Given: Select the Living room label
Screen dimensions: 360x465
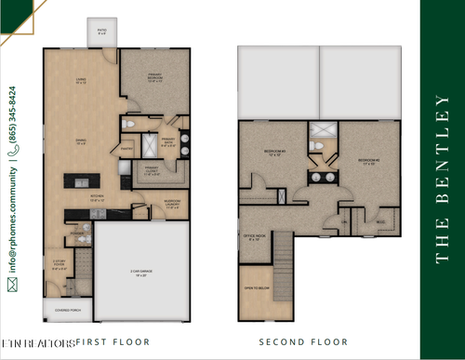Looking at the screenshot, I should click(81, 81).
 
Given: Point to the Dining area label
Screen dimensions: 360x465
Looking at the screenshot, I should click(81, 141).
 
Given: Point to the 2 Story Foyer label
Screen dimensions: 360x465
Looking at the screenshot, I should click(59, 263).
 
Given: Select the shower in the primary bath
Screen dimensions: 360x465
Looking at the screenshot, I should click(149, 145).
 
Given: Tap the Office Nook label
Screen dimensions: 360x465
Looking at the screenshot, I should click(254, 237).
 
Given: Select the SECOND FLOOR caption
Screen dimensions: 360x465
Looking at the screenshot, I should click(298, 341).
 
